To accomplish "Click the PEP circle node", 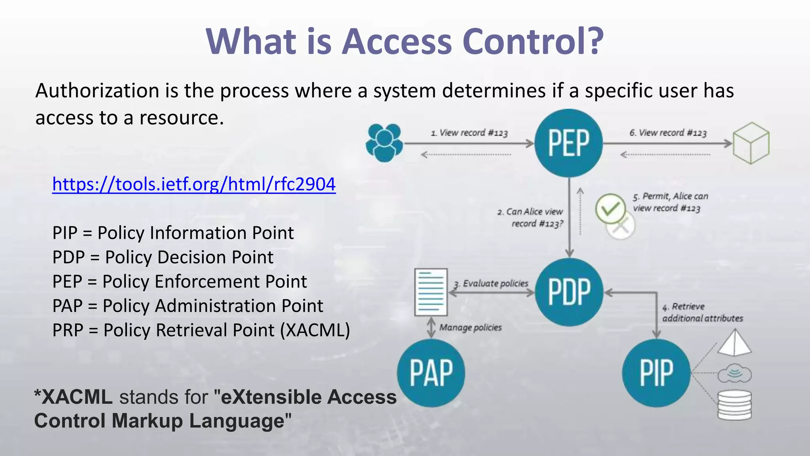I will pyautogui.click(x=568, y=143).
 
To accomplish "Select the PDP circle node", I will pyautogui.click(x=569, y=292).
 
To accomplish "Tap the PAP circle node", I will pyautogui.click(x=431, y=373).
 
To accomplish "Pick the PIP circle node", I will pyautogui.click(x=656, y=373).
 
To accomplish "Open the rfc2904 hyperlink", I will pyautogui.click(x=194, y=184).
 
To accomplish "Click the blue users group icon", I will pyautogui.click(x=384, y=142).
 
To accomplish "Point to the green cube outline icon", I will pyautogui.click(x=751, y=143).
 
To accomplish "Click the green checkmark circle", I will pyautogui.click(x=610, y=208).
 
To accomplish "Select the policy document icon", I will pyautogui.click(x=431, y=292).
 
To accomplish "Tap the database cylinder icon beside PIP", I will pyautogui.click(x=734, y=405).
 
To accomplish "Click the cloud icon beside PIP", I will pyautogui.click(x=734, y=373).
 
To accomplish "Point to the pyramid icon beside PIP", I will pyautogui.click(x=734, y=343).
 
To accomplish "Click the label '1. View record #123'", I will pyautogui.click(x=469, y=133).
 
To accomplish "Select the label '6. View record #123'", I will pyautogui.click(x=668, y=133).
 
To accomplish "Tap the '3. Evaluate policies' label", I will pyautogui.click(x=491, y=283).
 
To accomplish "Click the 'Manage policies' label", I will pyautogui.click(x=470, y=327).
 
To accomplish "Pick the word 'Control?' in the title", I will pyautogui.click(x=533, y=41).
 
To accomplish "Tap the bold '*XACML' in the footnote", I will pyautogui.click(x=74, y=397).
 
